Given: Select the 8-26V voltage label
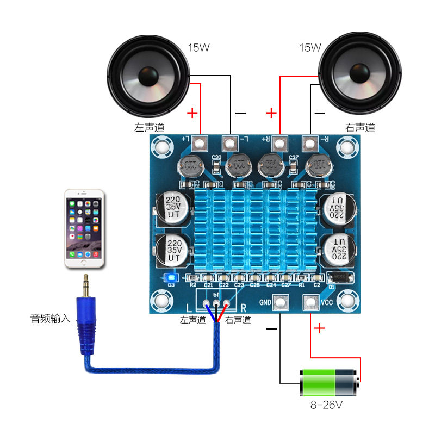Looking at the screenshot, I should point(326,405).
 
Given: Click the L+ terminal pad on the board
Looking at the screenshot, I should point(200,144).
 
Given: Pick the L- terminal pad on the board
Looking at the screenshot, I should point(231,144).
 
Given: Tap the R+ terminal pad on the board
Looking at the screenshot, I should point(279,144).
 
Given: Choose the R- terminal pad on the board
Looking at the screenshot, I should point(310,144).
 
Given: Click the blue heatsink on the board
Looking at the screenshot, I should point(256,228).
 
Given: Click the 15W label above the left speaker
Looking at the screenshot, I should point(198,47).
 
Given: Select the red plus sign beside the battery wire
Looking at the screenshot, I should point(319,328).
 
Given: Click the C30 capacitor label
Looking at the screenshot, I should point(216,158).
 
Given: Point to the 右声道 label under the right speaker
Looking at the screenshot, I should point(360,128).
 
